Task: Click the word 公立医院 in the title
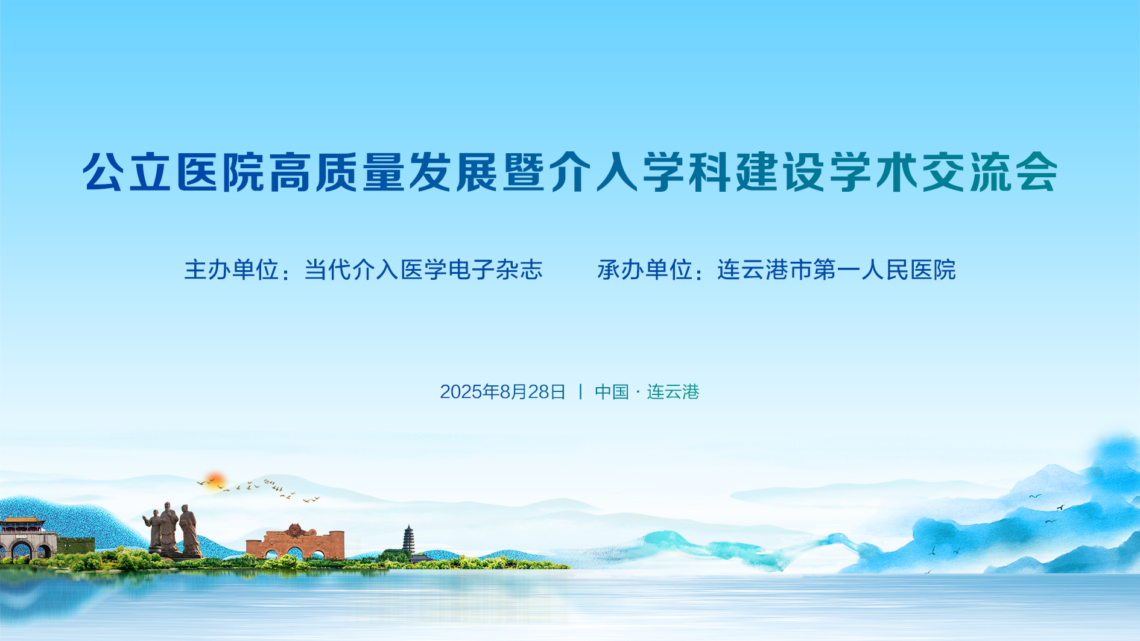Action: pyautogui.click(x=174, y=172)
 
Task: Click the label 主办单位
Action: pyautogui.click(x=231, y=270)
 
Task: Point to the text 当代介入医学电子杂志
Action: pyautogui.click(x=423, y=270)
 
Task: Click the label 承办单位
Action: pyautogui.click(x=644, y=270)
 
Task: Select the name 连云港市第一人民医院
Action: pyautogui.click(x=837, y=270)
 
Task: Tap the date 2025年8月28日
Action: pyautogui.click(x=502, y=392)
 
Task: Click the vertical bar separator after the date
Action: pyautogui.click(x=580, y=392)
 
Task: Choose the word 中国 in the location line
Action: pyautogui.click(x=612, y=392)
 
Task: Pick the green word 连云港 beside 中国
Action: pyautogui.click(x=673, y=392)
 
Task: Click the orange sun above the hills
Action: pyautogui.click(x=214, y=481)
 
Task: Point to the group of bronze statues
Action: pyautogui.click(x=173, y=530)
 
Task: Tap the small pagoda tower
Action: pyautogui.click(x=409, y=540)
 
